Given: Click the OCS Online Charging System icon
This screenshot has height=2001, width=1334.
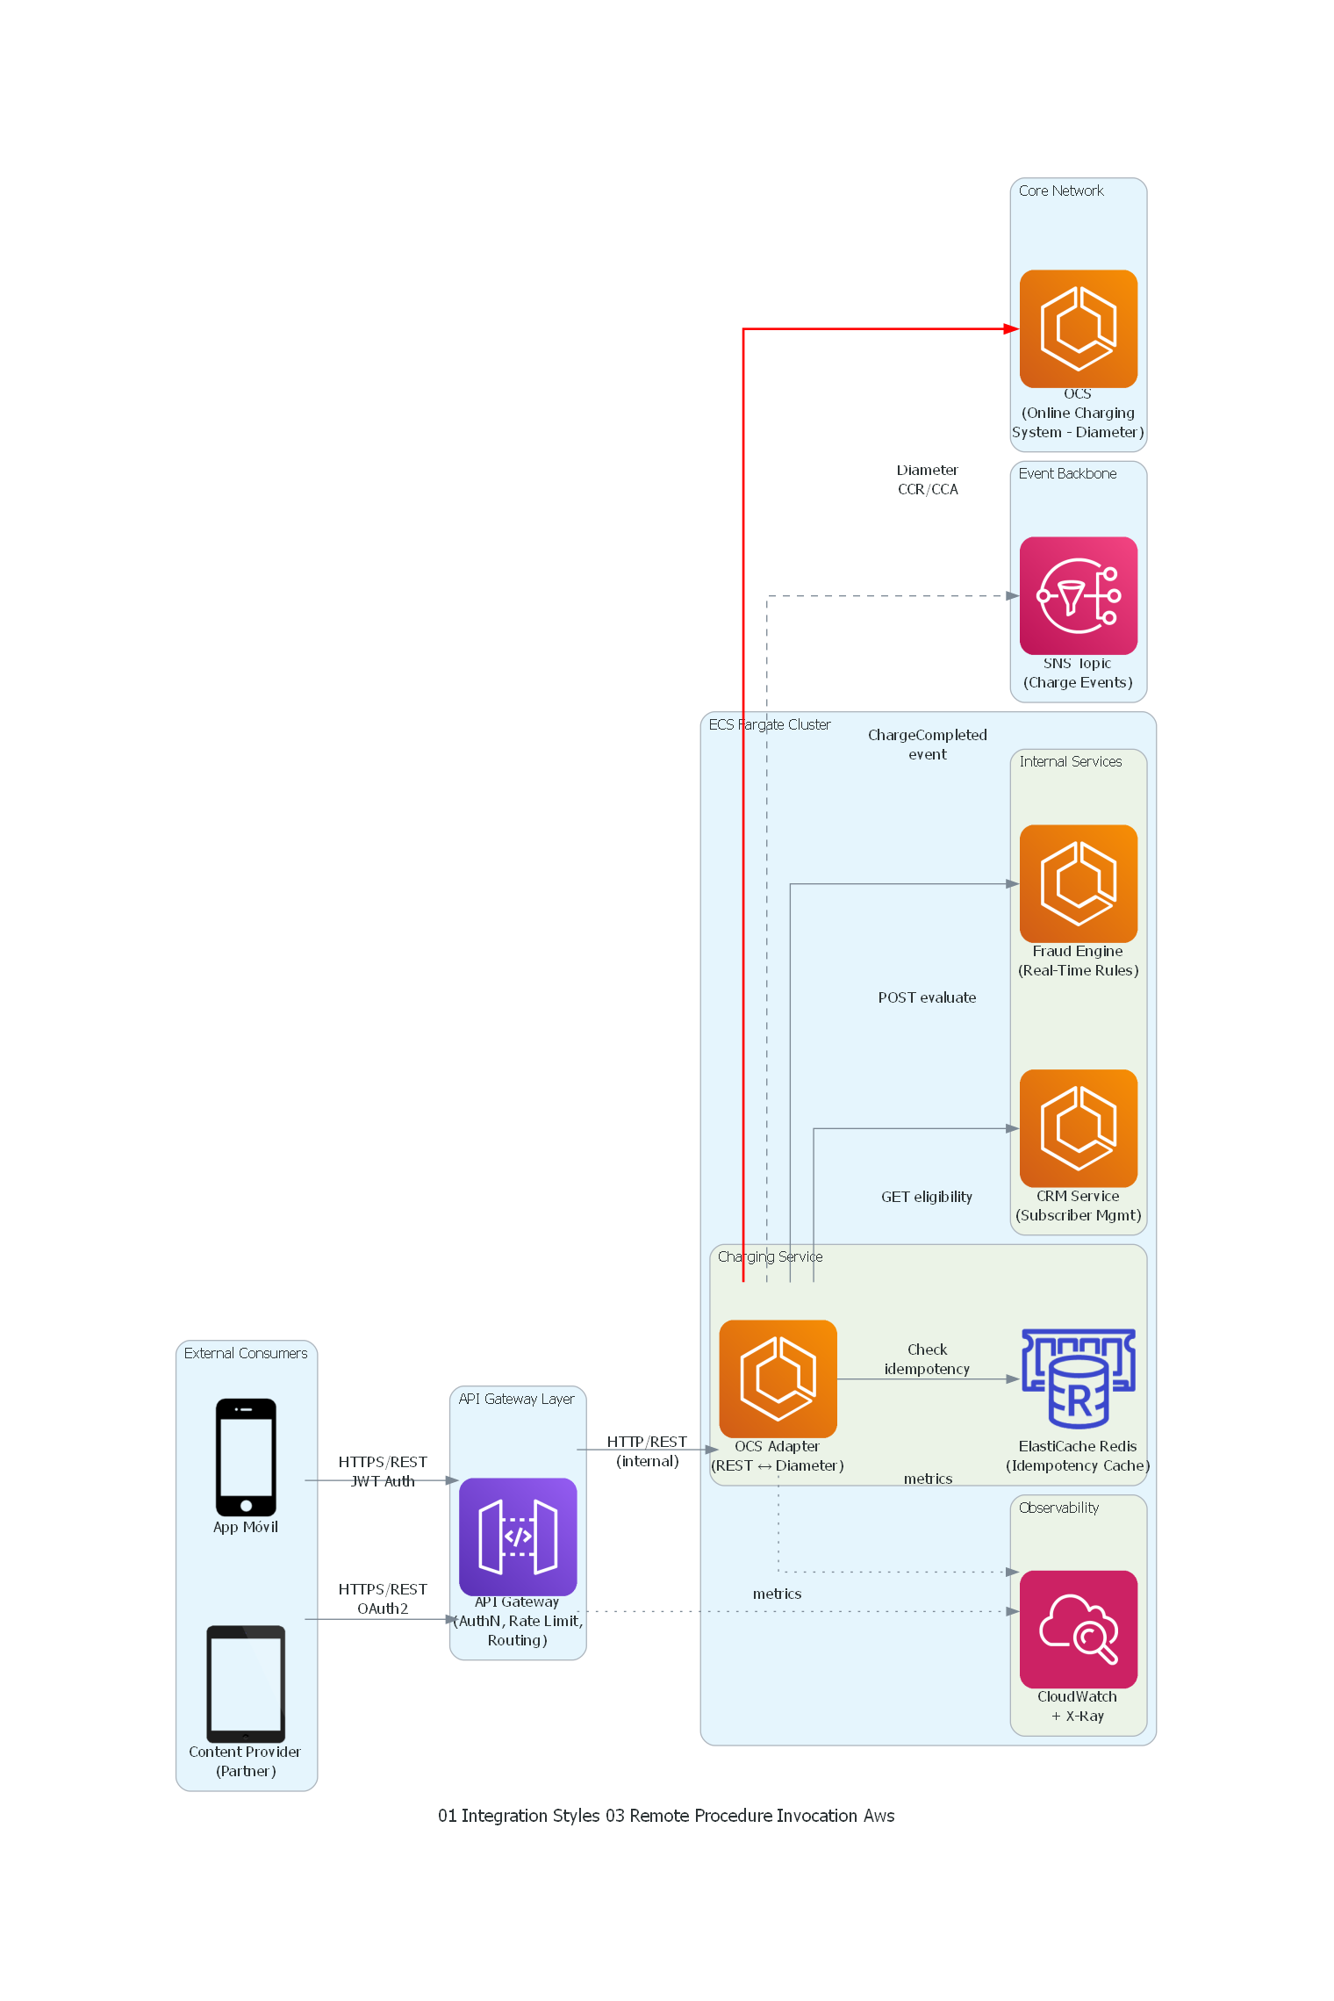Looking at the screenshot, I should tap(1078, 328).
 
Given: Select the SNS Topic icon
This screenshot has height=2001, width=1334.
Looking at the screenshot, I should tap(1078, 595).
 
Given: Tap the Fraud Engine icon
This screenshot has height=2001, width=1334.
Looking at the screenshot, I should tap(1078, 883).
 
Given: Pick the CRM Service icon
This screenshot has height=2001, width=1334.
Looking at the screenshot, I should tap(1078, 1128).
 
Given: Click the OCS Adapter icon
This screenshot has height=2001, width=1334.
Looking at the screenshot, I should tap(778, 1378).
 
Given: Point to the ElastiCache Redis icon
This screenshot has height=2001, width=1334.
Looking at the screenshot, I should tap(1078, 1378).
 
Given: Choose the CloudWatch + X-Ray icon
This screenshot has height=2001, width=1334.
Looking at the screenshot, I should tap(1078, 1629).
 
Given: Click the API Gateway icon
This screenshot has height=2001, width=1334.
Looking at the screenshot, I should tap(518, 1537).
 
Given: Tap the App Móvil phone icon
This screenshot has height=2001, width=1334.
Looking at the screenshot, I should tap(246, 1457).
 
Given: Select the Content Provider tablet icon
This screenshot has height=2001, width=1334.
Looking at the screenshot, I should tap(246, 1683).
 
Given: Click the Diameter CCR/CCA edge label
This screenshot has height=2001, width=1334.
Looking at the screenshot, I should tap(927, 480).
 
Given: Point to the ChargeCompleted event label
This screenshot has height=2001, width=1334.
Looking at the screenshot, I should tap(927, 745).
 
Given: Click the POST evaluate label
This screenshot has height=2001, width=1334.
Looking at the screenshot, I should tap(927, 997).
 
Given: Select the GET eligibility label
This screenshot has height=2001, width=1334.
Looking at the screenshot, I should tap(927, 1197).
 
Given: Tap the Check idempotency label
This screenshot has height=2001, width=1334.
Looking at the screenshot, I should tap(927, 1359).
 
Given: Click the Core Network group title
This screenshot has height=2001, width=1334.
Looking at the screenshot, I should tap(1061, 191).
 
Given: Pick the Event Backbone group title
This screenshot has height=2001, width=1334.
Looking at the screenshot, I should tap(1067, 473).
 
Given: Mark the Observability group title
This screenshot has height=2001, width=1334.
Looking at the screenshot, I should tap(1058, 1508).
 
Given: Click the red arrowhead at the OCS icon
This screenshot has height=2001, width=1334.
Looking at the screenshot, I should tap(1011, 329).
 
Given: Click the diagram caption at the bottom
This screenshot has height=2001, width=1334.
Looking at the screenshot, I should tap(666, 1816).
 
